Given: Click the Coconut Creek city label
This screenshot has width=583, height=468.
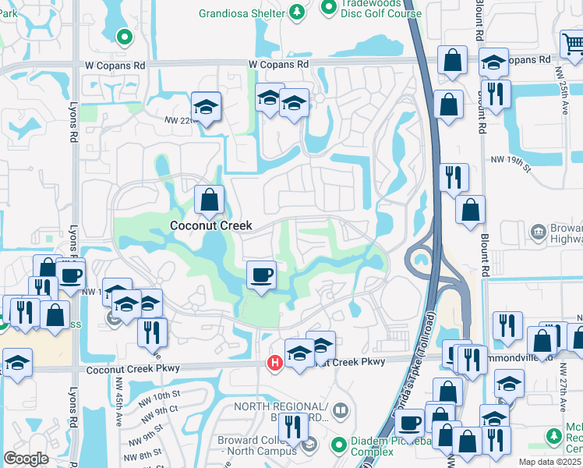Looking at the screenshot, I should coord(211,225).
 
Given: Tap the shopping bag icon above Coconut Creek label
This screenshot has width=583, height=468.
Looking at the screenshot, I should coord(210,200).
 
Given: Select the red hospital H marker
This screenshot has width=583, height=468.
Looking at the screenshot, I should coord(274,363).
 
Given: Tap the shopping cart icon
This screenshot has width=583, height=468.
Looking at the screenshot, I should coord(573,42).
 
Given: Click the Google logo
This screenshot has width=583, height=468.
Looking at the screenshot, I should coord(26,458).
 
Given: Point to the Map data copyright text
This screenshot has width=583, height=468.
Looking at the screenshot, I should coord(550,462).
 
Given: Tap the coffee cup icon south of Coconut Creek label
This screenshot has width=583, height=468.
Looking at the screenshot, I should coord(261,275).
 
